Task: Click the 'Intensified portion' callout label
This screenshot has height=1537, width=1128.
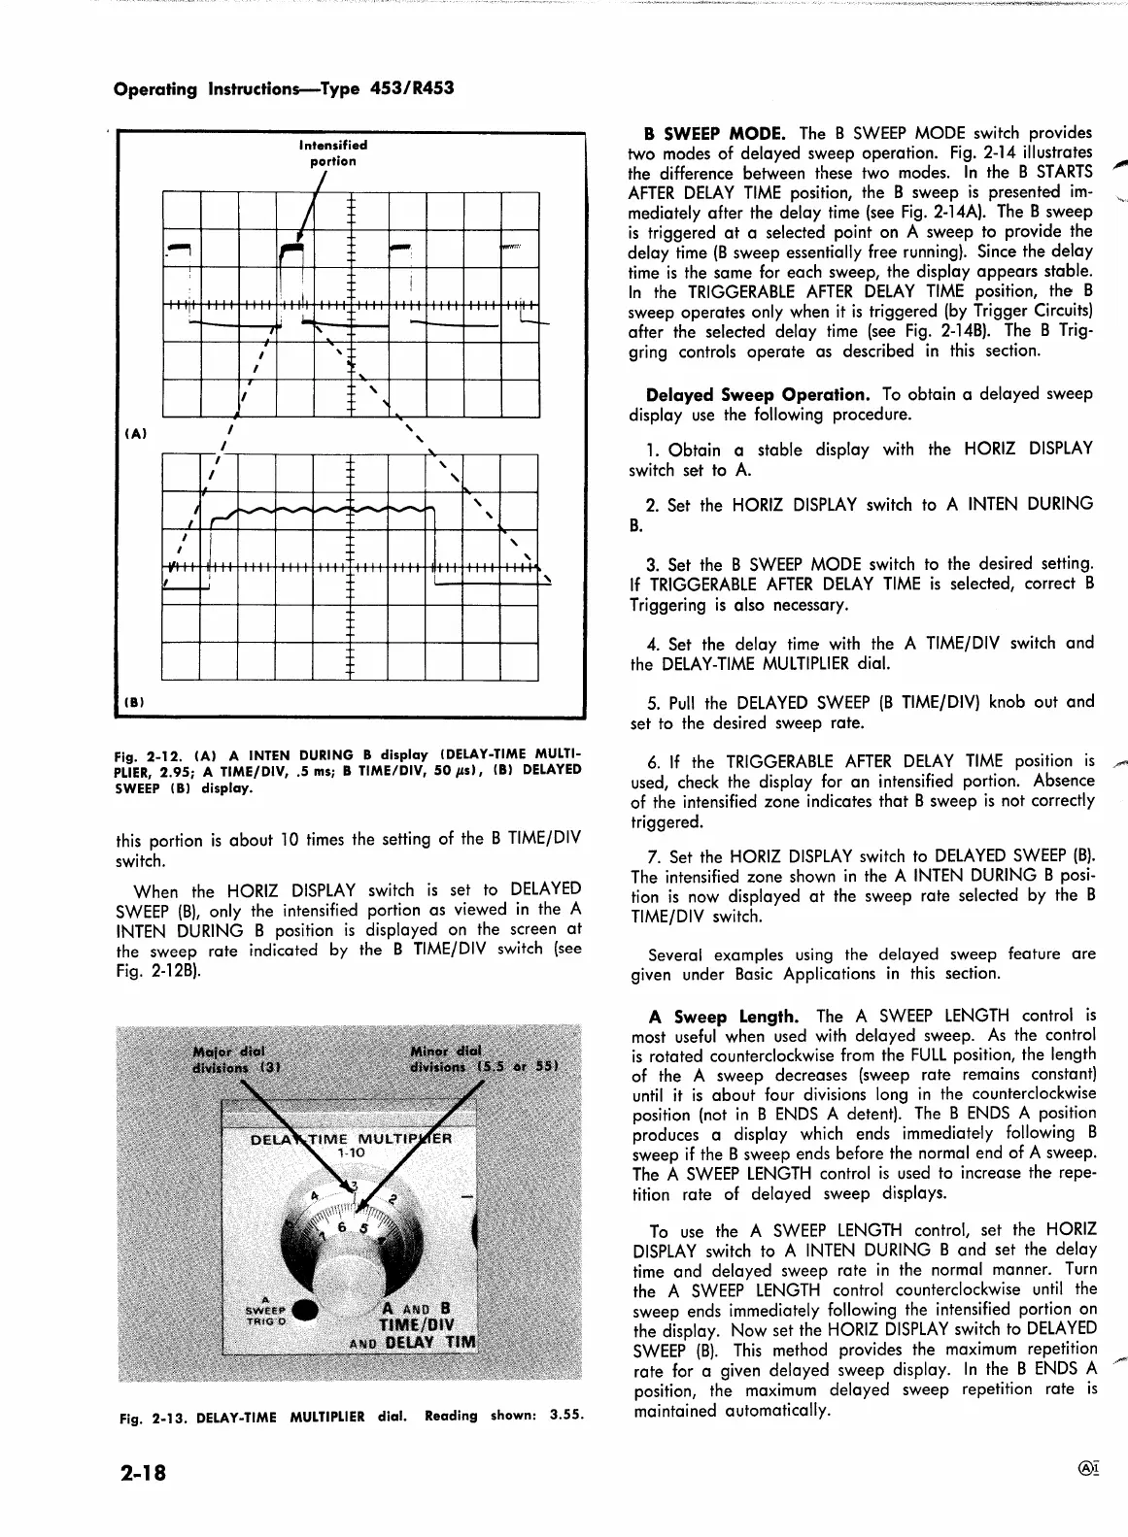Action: [333, 153]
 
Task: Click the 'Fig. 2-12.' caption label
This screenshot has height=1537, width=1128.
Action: [142, 754]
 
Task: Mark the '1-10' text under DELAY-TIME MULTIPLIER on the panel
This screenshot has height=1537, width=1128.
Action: [350, 1153]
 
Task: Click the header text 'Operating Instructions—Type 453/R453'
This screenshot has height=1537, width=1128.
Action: [284, 88]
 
